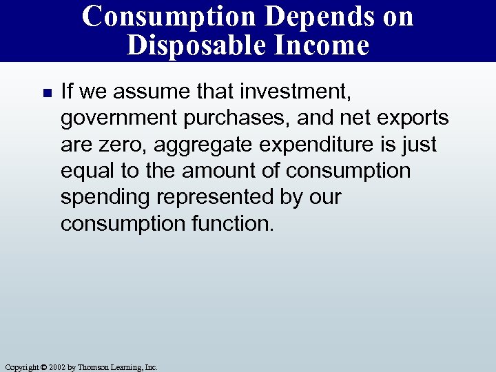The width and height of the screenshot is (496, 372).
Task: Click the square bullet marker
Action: coord(46,92)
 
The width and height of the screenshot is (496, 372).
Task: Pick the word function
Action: coord(231,223)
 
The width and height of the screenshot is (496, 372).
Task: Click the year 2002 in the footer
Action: coord(56,367)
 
